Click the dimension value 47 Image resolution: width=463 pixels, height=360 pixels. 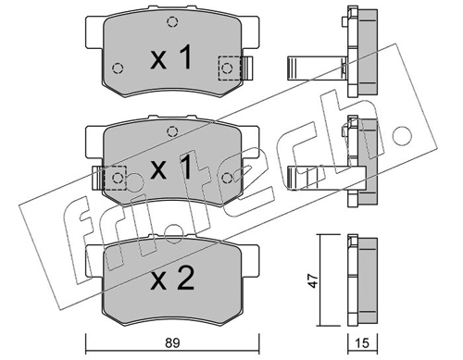(x=313, y=280)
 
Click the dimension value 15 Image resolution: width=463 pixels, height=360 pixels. (x=362, y=342)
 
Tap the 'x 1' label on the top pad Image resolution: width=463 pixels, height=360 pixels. (x=171, y=57)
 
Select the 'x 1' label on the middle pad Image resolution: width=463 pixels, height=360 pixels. (x=171, y=168)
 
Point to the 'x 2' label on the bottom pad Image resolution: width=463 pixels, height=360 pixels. (x=172, y=279)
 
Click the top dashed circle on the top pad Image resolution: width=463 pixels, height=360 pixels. (x=172, y=22)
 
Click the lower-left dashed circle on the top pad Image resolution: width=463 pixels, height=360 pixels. (x=118, y=68)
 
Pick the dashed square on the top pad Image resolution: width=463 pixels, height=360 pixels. (x=230, y=68)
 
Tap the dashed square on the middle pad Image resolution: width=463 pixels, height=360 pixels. (x=115, y=178)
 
